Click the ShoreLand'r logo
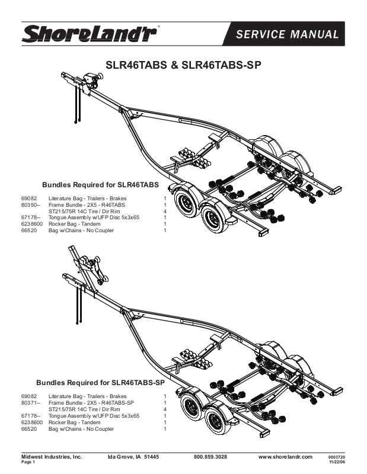89,33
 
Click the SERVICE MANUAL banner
287,34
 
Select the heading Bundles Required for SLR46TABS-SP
100,383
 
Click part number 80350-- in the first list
30,204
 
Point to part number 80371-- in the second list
30,403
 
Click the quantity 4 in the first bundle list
164,211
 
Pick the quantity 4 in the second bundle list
164,409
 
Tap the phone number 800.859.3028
210,457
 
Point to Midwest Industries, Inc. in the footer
52,457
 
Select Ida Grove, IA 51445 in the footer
133,457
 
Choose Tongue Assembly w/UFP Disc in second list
94,416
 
